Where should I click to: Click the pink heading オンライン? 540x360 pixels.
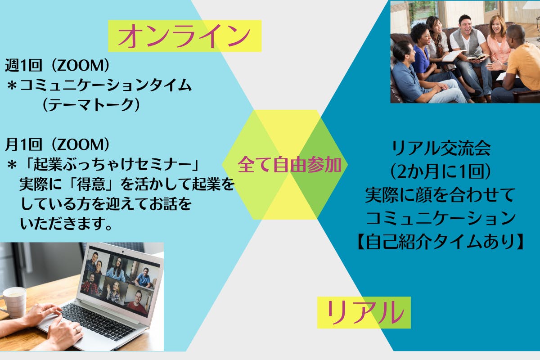pos(184,36)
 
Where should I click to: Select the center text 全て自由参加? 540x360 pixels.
pos(289,165)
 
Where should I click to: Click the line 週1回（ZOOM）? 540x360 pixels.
pos(58,65)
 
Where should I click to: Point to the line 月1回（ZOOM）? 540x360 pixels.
pos(58,144)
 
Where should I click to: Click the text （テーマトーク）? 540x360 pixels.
pos(91,105)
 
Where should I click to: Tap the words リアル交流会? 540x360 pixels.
pos(441,148)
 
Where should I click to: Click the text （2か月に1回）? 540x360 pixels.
pos(441,172)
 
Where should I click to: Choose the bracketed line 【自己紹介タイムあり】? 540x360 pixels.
pos(440,241)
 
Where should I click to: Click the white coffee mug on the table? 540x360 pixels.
pos(14,302)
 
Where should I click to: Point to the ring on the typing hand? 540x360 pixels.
pos(76,329)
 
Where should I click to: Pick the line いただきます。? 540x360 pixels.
pos(66,224)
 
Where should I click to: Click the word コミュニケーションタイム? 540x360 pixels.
pos(106,85)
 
